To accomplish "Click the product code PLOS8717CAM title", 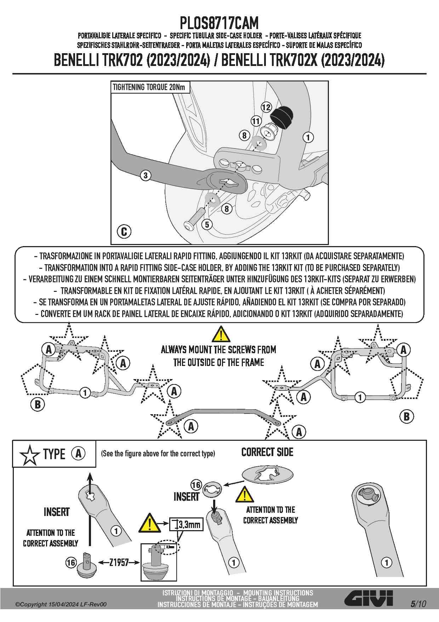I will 219,23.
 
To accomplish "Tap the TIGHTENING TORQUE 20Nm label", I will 149,87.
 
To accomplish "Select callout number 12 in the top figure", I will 266,107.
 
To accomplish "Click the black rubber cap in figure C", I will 283,116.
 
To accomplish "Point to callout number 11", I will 256,121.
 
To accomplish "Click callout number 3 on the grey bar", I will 145,175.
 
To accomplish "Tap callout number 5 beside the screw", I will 207,224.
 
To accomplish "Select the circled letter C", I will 124,232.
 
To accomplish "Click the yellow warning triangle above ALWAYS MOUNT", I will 221,334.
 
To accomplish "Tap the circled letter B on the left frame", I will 38,404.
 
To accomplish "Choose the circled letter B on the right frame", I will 406,416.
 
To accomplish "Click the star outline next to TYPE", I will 29,455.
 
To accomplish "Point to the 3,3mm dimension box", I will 186,524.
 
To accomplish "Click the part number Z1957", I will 119,562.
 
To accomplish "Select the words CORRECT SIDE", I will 267,452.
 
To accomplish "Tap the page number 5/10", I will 418,604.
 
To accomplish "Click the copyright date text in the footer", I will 61,604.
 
